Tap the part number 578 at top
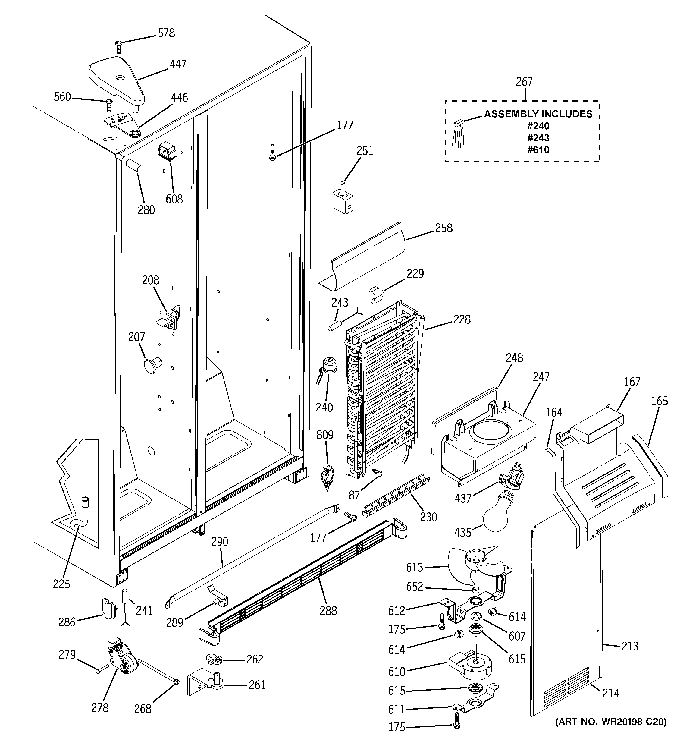(x=166, y=33)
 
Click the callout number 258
(x=444, y=228)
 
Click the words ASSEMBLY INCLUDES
(x=538, y=114)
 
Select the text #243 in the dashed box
(x=538, y=138)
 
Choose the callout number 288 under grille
(x=328, y=611)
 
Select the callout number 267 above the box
(x=524, y=82)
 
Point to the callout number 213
(x=630, y=646)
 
